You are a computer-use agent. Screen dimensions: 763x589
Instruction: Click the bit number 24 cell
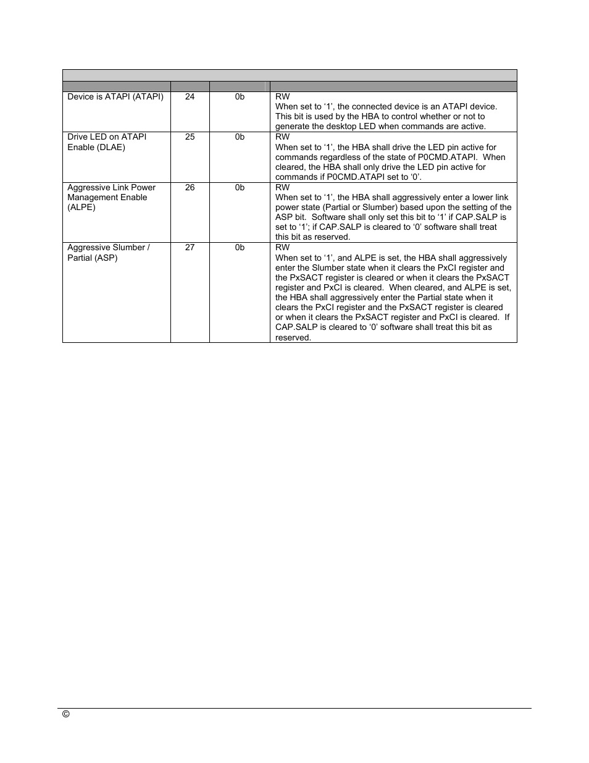(190, 96)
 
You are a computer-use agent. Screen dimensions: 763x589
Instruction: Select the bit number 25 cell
(190, 137)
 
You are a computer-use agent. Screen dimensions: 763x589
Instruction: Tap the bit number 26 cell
(190, 187)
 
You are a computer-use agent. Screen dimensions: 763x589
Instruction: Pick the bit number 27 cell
(190, 247)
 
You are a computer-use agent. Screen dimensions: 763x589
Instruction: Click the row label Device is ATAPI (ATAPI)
(115, 96)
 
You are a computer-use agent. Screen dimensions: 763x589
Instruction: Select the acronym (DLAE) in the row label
(109, 147)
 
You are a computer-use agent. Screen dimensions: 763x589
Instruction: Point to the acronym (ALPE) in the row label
(81, 207)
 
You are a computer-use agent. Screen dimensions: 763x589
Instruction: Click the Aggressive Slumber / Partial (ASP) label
(108, 252)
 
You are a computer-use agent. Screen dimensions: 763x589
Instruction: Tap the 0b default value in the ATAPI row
(240, 96)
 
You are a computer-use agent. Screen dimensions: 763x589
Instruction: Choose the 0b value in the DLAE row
(240, 137)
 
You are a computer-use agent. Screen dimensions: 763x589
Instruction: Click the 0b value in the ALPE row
(240, 187)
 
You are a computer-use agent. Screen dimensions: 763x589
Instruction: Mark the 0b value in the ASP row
(240, 247)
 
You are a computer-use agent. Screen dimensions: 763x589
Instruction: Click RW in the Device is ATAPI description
(282, 96)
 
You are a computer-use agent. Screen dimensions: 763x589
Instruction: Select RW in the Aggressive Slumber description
(282, 247)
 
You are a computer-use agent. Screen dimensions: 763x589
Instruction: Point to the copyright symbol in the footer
(66, 714)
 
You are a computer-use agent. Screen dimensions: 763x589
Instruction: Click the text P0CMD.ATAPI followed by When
(446, 157)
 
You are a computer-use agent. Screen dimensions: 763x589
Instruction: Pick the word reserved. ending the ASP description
(293, 337)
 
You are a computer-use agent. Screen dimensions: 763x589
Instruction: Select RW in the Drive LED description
(282, 137)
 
